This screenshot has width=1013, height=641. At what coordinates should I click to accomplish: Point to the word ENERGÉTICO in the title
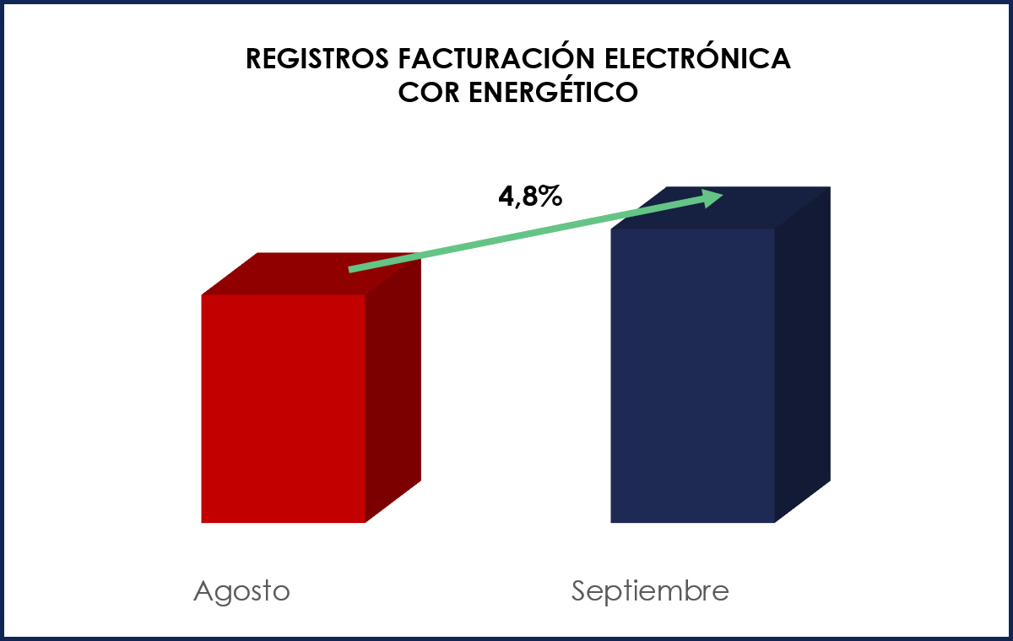coord(551,92)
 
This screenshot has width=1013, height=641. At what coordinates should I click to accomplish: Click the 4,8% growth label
coord(530,197)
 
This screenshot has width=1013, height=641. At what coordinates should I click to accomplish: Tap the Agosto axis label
coord(241,591)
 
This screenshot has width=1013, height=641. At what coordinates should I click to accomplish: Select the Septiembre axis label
coord(650,591)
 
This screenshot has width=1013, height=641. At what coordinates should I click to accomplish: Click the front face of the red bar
coord(283,408)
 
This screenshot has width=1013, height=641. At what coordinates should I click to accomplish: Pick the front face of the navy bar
coord(692,375)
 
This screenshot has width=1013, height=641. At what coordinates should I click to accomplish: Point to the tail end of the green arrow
coord(351,269)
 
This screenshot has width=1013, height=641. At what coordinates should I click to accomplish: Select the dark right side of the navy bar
coord(802,354)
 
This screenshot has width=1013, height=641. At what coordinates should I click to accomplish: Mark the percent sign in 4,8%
coord(550,197)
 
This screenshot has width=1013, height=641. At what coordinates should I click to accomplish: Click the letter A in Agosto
coord(203,590)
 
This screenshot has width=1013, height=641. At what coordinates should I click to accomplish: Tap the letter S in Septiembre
coord(579,590)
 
